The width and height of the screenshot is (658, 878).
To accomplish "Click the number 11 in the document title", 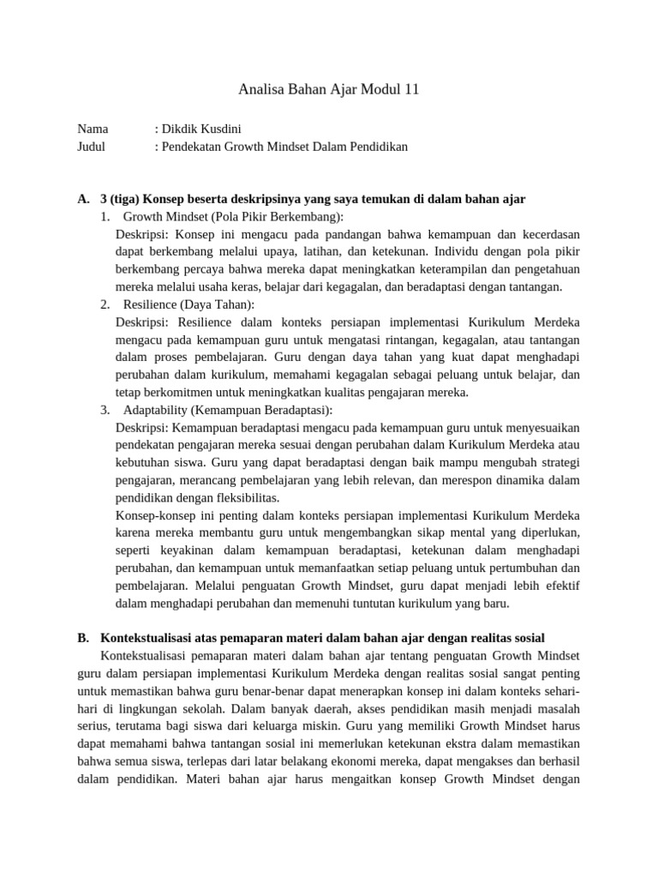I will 410,88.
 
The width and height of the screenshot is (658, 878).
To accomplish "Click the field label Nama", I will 93,129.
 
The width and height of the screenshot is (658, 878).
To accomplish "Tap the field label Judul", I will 92,147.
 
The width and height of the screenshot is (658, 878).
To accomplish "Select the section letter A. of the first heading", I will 83,199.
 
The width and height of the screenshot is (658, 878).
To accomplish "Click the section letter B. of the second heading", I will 83,638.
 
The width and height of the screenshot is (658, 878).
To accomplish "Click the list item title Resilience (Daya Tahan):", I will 188,304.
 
